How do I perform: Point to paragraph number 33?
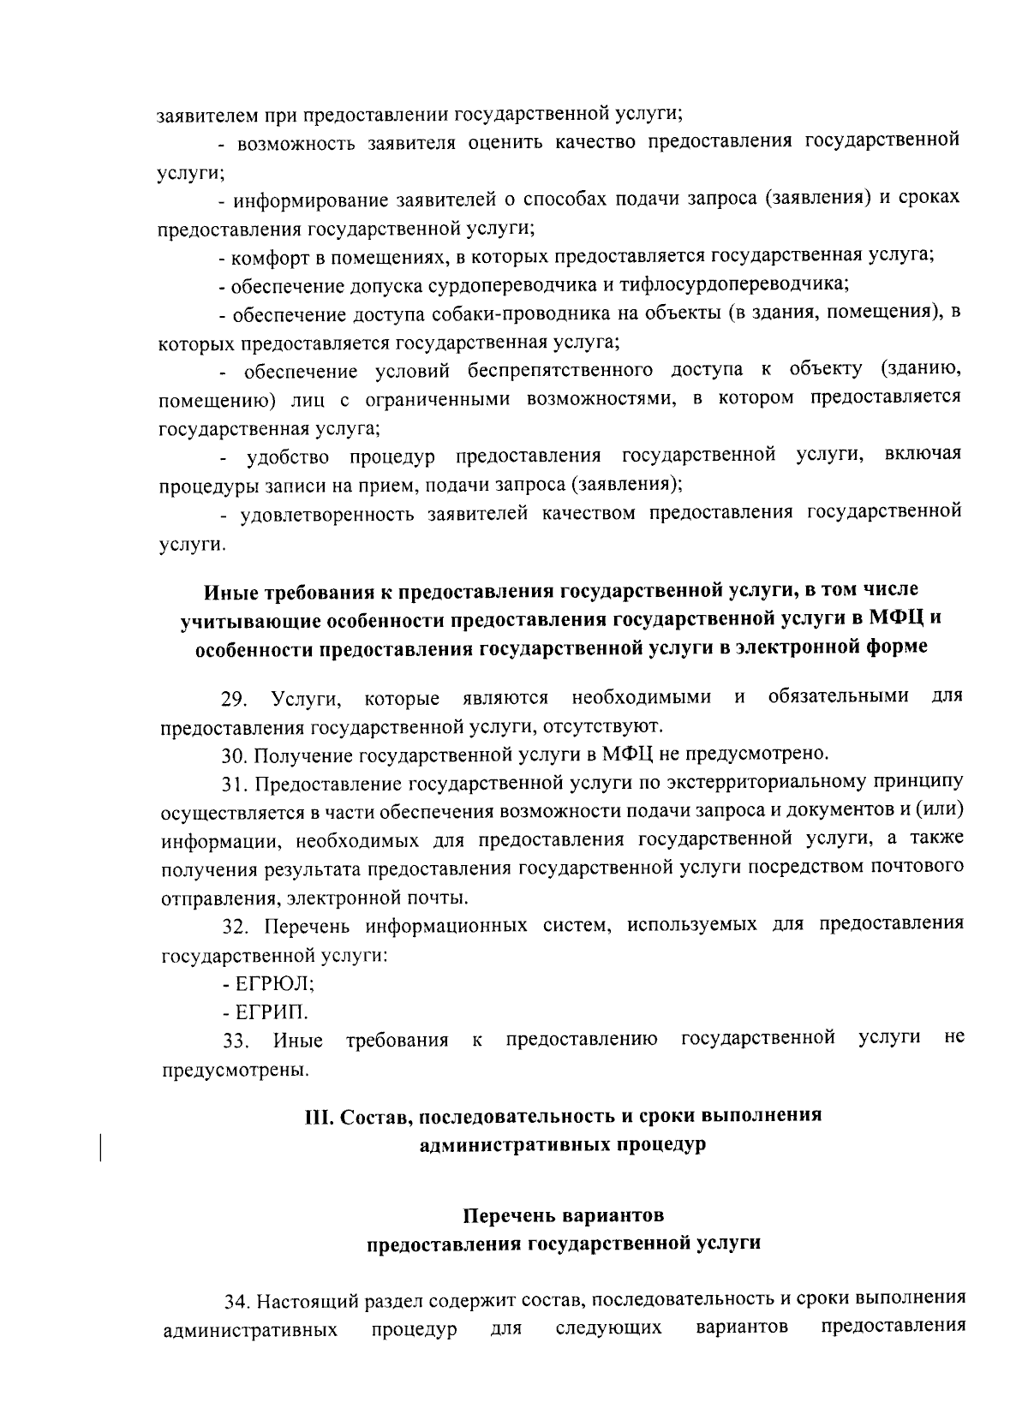[x=236, y=1041]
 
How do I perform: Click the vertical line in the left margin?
[x=100, y=1147]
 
